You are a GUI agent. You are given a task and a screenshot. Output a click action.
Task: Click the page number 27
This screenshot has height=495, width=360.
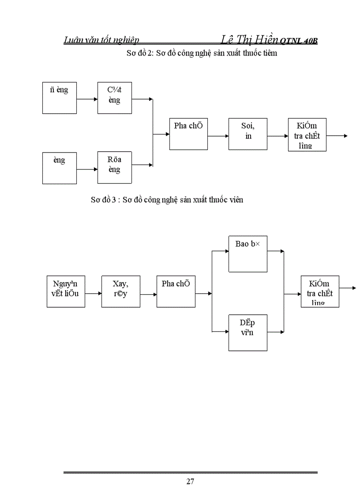point(190,481)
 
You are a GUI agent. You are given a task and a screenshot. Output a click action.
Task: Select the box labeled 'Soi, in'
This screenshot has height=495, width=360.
point(247,134)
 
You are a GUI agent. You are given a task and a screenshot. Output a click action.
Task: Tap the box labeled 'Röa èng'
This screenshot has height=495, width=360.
point(115,167)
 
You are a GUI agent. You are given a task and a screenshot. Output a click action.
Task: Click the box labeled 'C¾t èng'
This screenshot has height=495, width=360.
point(115,98)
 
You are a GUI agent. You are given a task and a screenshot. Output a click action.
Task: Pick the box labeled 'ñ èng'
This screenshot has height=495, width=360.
point(60,98)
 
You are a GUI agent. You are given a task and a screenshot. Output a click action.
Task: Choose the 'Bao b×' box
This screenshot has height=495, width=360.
point(247,253)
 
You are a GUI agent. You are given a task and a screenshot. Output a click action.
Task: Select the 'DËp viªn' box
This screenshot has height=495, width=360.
point(247,332)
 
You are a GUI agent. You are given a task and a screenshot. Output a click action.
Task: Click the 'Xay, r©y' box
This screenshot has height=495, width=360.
point(120,291)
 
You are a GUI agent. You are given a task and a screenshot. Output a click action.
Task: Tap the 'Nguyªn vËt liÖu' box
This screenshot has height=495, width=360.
point(66,291)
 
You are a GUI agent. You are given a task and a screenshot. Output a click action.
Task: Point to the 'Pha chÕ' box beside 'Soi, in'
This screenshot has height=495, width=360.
point(188,134)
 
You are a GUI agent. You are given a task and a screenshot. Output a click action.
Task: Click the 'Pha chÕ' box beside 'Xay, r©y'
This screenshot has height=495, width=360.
point(176,291)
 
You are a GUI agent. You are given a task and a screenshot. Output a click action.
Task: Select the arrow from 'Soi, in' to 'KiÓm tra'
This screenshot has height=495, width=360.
point(277,136)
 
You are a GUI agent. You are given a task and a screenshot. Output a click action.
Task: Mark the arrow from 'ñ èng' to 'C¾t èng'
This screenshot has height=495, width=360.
point(87,99)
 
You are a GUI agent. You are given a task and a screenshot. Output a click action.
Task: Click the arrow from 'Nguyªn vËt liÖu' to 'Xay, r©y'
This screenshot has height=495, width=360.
point(93,293)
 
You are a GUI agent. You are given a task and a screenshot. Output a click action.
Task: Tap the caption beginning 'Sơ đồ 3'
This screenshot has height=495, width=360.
point(167,200)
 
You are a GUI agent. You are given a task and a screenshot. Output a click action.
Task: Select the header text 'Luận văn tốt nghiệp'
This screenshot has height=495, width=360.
point(101,40)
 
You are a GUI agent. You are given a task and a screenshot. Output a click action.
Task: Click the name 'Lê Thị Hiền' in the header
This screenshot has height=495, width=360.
point(249,39)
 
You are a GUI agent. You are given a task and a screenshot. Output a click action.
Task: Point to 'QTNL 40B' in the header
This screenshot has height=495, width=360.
point(299,41)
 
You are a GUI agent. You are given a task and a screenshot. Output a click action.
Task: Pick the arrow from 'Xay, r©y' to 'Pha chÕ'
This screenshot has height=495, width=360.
point(148,293)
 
